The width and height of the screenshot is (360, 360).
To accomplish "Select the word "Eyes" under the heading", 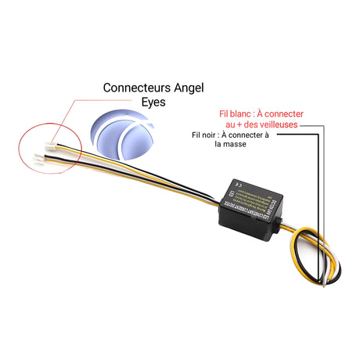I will pos(153,103).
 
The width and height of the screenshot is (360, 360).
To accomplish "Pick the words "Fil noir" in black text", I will pos(204,135).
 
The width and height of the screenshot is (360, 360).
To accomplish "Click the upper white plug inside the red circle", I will pos(52,146).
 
